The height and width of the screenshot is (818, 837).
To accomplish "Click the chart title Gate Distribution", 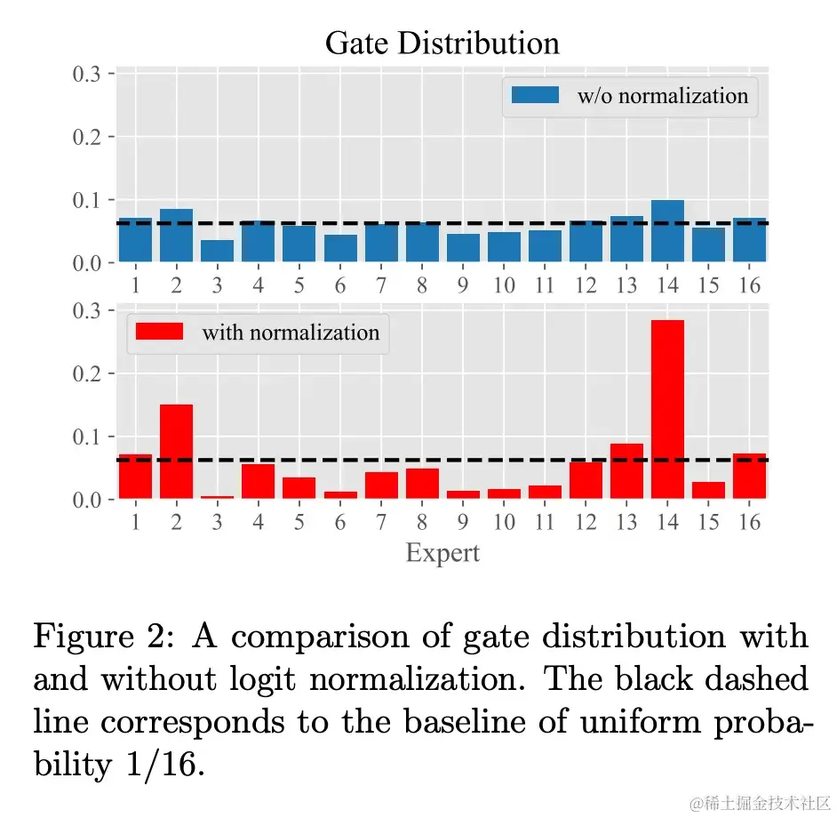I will click(x=442, y=43).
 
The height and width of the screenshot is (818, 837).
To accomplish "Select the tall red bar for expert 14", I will click(x=667, y=409).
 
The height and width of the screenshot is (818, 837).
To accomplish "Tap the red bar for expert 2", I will click(x=176, y=451).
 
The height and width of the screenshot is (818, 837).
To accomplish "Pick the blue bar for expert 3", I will click(x=217, y=251).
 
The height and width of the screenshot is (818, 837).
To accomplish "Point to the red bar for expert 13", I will click(x=626, y=470).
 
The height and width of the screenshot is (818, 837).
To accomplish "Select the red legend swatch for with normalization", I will click(x=159, y=332).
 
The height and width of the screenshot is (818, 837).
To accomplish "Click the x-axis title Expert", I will click(x=442, y=553).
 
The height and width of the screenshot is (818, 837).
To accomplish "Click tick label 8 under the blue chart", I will click(x=422, y=285).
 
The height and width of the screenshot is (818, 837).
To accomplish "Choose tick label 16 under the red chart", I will click(x=750, y=522).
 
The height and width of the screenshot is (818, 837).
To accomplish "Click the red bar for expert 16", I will click(x=749, y=476).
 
